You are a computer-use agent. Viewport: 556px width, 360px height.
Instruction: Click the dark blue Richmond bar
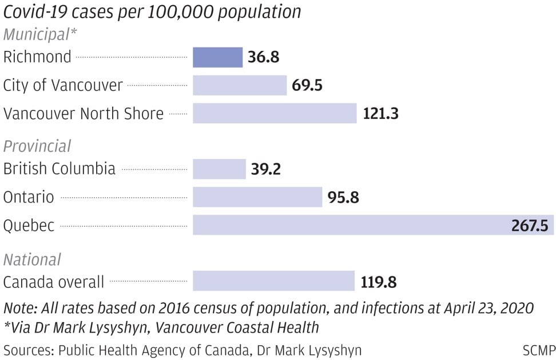point(218,57)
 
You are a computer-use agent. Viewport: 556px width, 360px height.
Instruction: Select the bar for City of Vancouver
point(240,85)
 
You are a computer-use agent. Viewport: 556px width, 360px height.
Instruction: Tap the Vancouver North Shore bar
point(275,113)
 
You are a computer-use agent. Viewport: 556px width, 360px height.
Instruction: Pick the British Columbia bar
point(220,169)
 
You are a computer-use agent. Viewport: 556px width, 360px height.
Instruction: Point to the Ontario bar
point(257,197)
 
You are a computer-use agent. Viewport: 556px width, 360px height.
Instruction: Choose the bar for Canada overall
point(274,281)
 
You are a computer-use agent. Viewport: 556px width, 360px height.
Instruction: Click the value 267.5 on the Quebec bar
point(530,226)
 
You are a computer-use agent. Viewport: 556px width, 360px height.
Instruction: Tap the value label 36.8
point(264,57)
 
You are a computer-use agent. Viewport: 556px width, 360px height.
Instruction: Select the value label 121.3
point(381,113)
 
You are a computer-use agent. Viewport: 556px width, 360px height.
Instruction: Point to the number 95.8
point(343,197)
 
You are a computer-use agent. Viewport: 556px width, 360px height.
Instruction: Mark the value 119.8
point(379,282)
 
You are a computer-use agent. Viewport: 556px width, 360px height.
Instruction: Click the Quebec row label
point(29,226)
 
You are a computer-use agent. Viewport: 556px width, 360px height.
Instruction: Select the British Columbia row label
point(59,168)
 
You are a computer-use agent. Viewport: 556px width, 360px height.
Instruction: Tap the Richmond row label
point(37,57)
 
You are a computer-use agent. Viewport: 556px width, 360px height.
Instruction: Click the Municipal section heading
point(39,34)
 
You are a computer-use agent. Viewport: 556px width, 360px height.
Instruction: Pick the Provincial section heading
point(37,146)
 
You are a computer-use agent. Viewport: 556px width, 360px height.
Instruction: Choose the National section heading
point(32,260)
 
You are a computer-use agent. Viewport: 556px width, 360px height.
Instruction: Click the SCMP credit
point(539,350)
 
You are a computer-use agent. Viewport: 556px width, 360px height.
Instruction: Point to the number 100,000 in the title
point(180,12)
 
